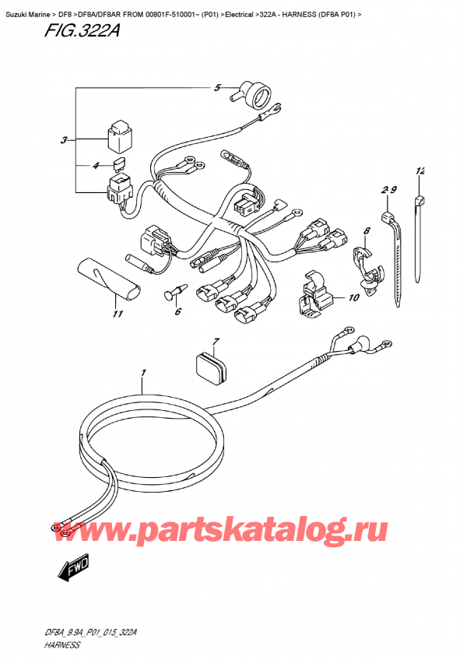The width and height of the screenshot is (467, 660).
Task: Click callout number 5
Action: coord(218,87)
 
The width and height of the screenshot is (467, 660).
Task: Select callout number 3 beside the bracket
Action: coord(63,141)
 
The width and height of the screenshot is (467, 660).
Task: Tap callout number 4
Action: coord(96,165)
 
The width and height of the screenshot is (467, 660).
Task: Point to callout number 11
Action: coord(118,315)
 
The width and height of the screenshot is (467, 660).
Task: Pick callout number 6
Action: coord(177,312)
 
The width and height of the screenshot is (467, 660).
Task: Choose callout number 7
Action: coord(216,342)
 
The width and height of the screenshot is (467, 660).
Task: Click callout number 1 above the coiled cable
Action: coord(143,374)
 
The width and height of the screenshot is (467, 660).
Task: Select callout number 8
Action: coord(367,230)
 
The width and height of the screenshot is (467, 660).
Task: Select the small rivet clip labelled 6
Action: coord(174,292)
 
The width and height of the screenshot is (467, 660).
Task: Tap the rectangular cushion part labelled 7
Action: coord(211,367)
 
